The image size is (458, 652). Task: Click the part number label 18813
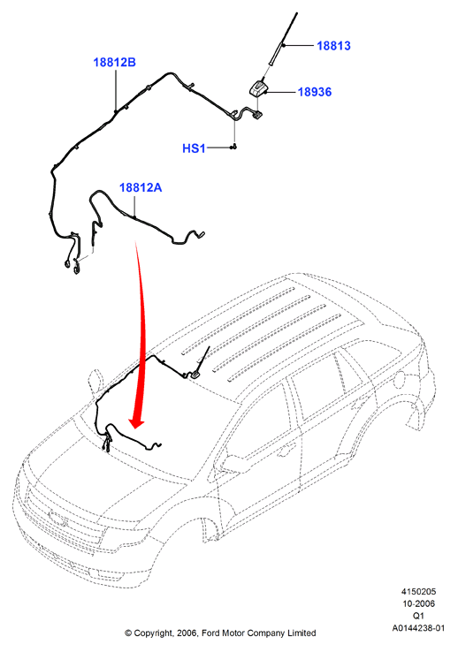tap(333, 46)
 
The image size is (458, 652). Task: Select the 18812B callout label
tap(114, 63)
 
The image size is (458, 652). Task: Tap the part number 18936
tap(315, 92)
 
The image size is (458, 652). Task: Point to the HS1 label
tap(194, 148)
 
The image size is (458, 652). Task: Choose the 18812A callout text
tap(141, 187)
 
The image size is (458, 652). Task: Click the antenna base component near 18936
tap(258, 88)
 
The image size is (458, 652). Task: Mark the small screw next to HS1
tap(233, 147)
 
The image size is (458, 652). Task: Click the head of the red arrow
tap(136, 423)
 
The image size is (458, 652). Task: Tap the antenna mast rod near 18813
tap(281, 41)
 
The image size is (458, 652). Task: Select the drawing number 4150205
tap(418, 592)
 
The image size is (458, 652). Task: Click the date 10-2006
tap(418, 603)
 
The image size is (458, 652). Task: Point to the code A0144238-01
tap(418, 628)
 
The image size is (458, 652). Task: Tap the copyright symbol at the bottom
tap(128, 633)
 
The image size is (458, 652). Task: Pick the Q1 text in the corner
tap(418, 616)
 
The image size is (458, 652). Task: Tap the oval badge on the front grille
tap(58, 518)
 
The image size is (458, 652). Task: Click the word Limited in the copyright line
tap(302, 633)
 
